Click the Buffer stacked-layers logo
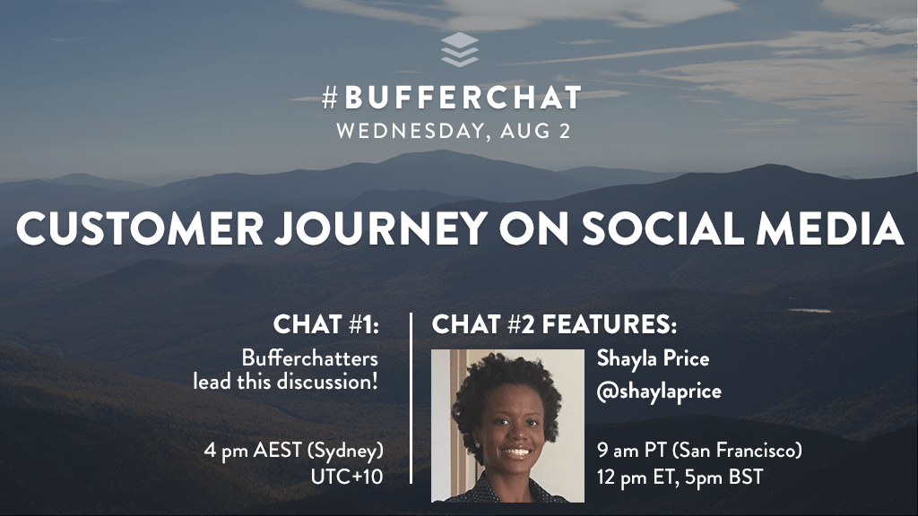click(460, 49)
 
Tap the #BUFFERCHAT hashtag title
click(452, 98)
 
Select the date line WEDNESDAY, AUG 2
click(453, 131)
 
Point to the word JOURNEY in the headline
click(381, 228)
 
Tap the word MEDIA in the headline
click(829, 228)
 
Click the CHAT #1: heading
click(326, 324)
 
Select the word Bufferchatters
click(309, 358)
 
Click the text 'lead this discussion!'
click(286, 382)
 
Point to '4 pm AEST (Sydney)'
click(294, 451)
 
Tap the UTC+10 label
click(347, 477)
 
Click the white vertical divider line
click(411, 399)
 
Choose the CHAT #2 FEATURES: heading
click(554, 324)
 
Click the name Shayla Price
click(653, 358)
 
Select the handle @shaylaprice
click(659, 391)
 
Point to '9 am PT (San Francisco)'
click(699, 451)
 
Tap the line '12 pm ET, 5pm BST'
click(680, 477)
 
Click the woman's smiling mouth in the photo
click(516, 452)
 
